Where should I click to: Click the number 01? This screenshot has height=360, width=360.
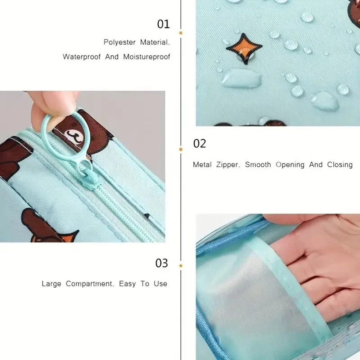pos(163,24)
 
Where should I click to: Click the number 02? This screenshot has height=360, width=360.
pos(199,144)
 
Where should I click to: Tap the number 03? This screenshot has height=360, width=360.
pos(162,263)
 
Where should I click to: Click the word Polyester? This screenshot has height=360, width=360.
pos(120,42)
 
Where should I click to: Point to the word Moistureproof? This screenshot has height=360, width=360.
pos(147,57)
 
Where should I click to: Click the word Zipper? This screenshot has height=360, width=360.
pos(228,165)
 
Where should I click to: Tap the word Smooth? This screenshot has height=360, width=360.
pos(258,165)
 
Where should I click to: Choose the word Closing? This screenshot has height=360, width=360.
pos(339,165)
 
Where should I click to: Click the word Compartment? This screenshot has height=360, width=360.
pos(90,284)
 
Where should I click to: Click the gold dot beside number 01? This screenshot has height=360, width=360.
pos(181,33)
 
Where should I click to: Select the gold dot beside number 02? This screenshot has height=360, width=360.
pos(181,149)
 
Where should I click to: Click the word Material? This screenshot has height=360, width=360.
pos(154,42)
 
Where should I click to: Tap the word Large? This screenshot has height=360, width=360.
pos(51,284)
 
